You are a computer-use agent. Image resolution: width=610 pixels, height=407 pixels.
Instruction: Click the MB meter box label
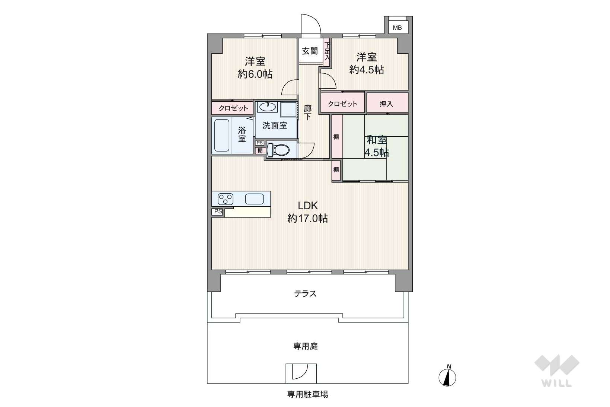[x=397, y=28]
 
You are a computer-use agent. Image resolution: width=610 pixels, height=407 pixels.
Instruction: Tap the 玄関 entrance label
[x=310, y=51]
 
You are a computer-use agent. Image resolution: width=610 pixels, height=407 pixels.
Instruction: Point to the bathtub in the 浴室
[x=222, y=135]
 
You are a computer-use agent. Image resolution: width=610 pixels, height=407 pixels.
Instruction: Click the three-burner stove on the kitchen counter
[x=226, y=199]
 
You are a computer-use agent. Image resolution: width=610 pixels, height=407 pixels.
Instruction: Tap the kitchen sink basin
[x=254, y=199]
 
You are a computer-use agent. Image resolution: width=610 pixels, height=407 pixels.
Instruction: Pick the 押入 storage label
[x=386, y=104]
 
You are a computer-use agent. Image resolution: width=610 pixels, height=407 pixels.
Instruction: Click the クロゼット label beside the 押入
[x=342, y=104]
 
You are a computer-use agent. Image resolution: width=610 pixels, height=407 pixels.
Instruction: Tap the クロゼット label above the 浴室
[x=233, y=108]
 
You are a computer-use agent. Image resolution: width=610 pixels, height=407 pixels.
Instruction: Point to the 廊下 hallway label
[x=308, y=112]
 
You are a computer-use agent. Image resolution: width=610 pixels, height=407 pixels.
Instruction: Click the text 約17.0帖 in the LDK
[x=308, y=218]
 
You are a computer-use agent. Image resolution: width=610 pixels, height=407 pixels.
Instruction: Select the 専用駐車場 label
[x=308, y=394]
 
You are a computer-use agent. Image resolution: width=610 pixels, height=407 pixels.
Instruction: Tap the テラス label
[x=306, y=294]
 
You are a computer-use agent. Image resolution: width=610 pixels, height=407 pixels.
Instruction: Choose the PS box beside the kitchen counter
[x=218, y=212]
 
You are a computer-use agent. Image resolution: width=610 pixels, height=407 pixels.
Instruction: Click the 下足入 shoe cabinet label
[x=327, y=51]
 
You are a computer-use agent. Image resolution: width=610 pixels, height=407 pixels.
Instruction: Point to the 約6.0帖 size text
[x=255, y=74]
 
